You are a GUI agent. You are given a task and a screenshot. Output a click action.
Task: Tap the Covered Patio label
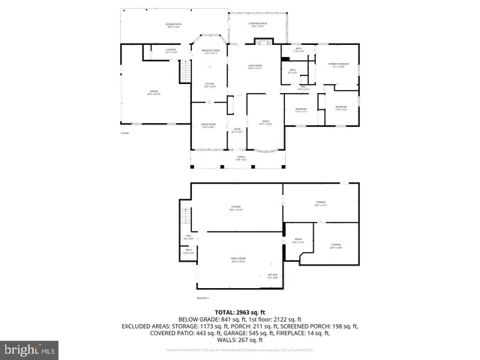click(174, 25)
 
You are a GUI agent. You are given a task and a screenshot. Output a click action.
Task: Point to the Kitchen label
click(211, 85)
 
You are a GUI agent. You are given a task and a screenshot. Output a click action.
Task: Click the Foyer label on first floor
click(236, 130)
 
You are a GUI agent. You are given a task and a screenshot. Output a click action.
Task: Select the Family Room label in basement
click(238, 260)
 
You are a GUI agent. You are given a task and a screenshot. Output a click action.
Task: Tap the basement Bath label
click(188, 251)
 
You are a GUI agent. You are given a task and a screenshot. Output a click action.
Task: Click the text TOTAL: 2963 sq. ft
click(240, 311)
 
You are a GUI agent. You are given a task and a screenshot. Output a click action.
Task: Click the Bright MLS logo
click(30, 349)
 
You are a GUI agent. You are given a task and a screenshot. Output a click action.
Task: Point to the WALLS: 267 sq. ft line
click(240, 340)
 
